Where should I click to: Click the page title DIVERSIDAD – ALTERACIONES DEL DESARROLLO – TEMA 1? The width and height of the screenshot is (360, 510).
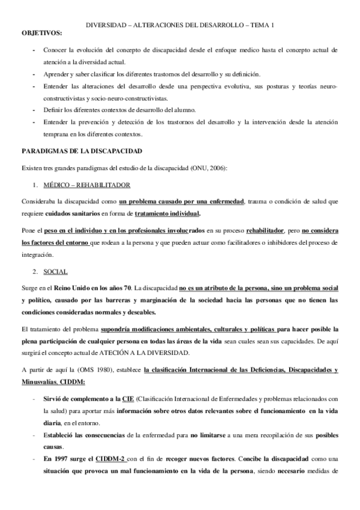pyautogui.click(x=180, y=25)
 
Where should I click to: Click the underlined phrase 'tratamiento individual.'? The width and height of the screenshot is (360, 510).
pyautogui.click(x=168, y=213)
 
